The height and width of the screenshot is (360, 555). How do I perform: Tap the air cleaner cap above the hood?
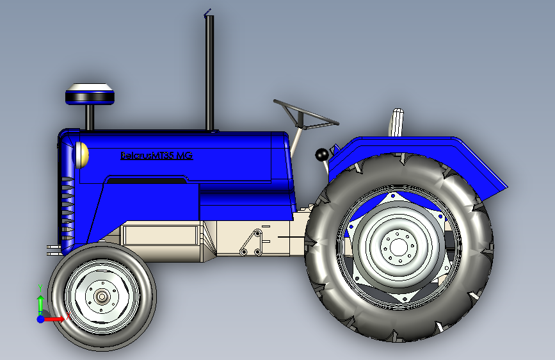90,94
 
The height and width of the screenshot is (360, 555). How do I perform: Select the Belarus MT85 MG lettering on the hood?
156,155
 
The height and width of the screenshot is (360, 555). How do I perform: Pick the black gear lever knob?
321,155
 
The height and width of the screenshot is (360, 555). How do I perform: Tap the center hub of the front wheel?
102,296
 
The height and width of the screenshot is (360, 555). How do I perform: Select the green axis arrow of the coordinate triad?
40,302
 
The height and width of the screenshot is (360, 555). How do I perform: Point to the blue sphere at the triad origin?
40,318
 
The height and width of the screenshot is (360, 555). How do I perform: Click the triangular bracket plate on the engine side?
252,242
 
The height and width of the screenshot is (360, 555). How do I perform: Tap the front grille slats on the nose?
66,205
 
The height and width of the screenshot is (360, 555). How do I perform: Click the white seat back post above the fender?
397,122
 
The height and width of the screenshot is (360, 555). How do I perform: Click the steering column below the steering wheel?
296,142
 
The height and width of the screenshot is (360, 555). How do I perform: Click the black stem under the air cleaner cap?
90,117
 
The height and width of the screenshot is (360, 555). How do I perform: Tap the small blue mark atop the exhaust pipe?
206,12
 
